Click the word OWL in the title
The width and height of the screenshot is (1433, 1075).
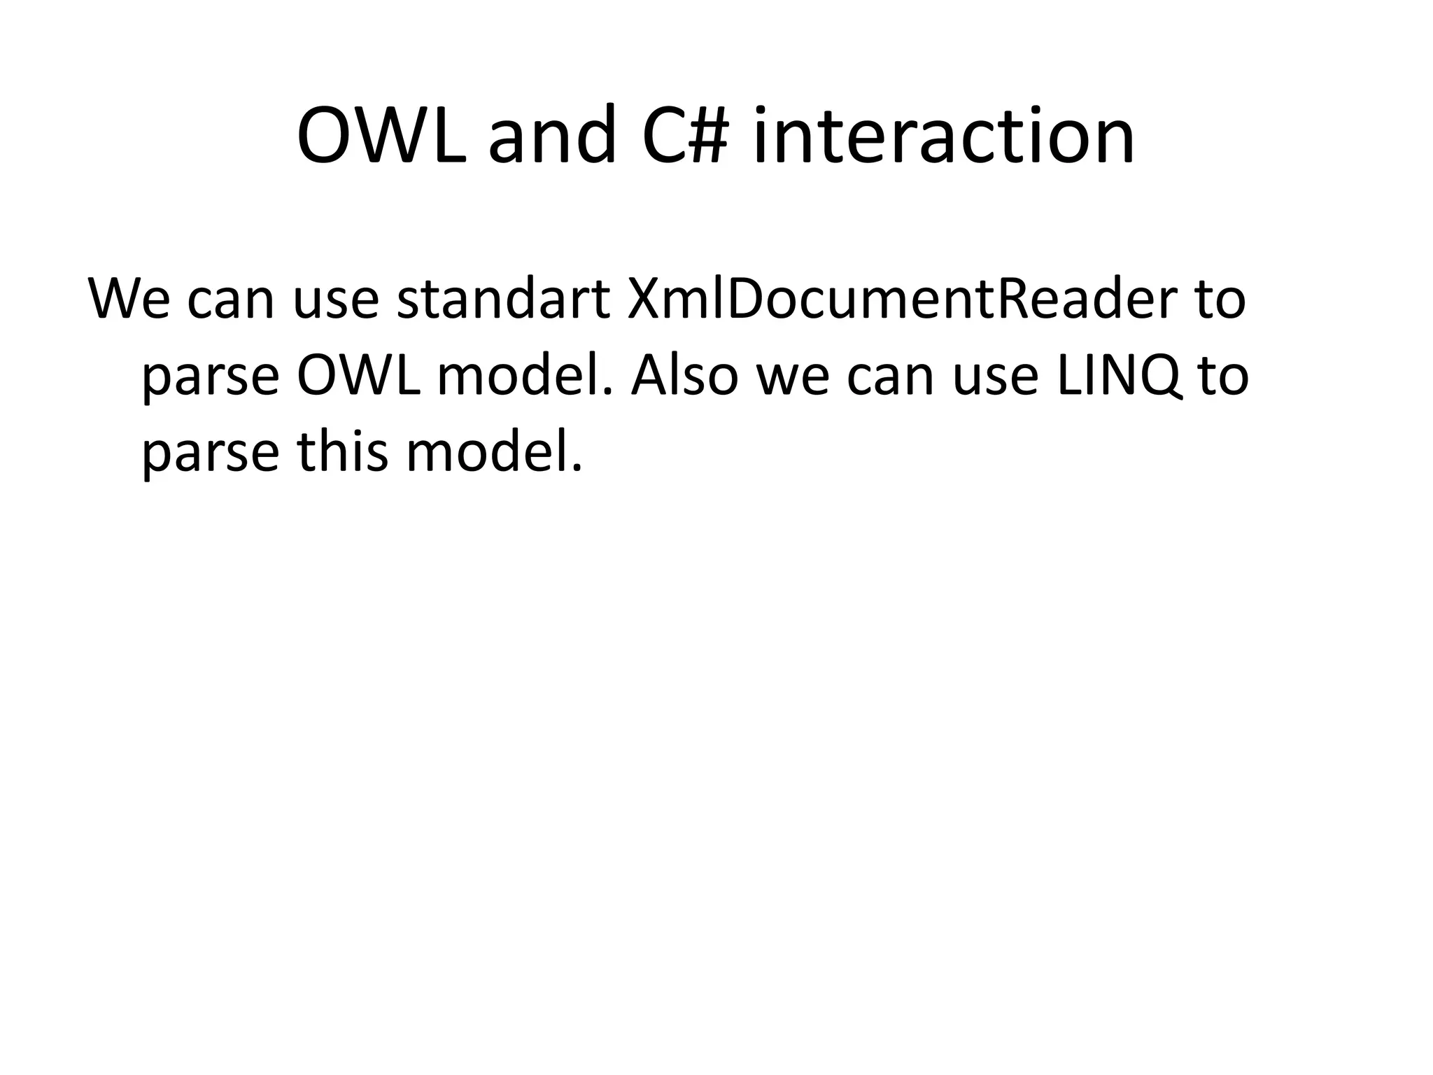(381, 136)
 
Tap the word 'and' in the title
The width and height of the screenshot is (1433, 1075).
(552, 136)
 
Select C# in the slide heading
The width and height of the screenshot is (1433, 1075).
(682, 136)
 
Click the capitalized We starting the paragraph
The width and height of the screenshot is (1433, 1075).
(129, 299)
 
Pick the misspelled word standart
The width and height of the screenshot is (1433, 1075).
(503, 299)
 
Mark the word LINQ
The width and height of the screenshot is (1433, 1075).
(1117, 376)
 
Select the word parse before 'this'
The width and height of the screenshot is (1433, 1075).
(211, 454)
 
